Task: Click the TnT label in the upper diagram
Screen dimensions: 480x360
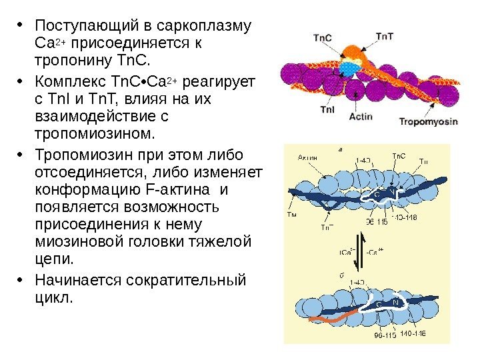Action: [x=385, y=36]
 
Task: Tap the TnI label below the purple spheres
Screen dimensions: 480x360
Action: [x=328, y=109]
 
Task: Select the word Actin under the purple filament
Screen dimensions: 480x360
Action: [x=360, y=116]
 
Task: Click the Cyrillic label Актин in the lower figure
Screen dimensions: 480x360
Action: [x=307, y=157]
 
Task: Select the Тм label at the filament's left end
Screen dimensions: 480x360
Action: [x=291, y=215]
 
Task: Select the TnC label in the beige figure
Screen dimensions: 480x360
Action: [x=398, y=157]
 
